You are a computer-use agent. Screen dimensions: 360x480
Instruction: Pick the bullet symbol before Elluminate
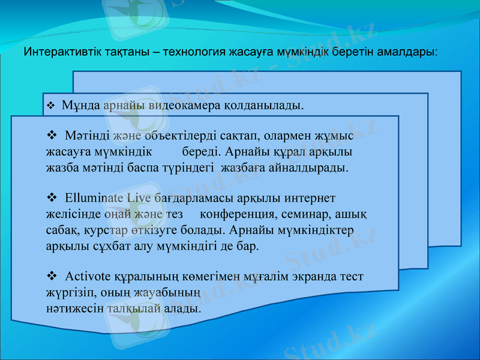click(x=51, y=197)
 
